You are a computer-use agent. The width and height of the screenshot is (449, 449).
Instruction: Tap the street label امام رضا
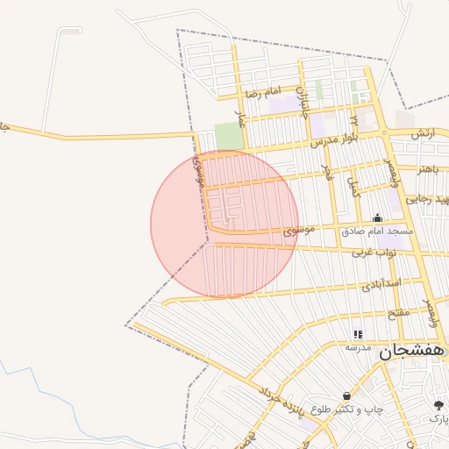click(x=262, y=92)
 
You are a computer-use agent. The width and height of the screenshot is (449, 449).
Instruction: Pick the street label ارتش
click(x=422, y=133)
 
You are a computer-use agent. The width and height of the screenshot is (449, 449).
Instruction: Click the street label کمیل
click(x=354, y=188)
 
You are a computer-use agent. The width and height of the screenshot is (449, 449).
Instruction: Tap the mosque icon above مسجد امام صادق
click(x=378, y=218)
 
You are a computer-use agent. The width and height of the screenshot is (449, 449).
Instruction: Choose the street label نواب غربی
click(x=375, y=253)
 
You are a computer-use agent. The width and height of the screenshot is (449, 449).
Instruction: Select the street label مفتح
click(x=398, y=312)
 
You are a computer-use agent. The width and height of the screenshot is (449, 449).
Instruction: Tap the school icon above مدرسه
click(x=357, y=335)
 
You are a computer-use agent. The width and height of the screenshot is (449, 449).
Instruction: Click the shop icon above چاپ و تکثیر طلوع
click(x=347, y=396)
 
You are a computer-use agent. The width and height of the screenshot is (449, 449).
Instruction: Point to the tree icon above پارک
click(x=438, y=404)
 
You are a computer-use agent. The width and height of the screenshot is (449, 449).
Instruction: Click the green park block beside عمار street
click(x=228, y=136)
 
